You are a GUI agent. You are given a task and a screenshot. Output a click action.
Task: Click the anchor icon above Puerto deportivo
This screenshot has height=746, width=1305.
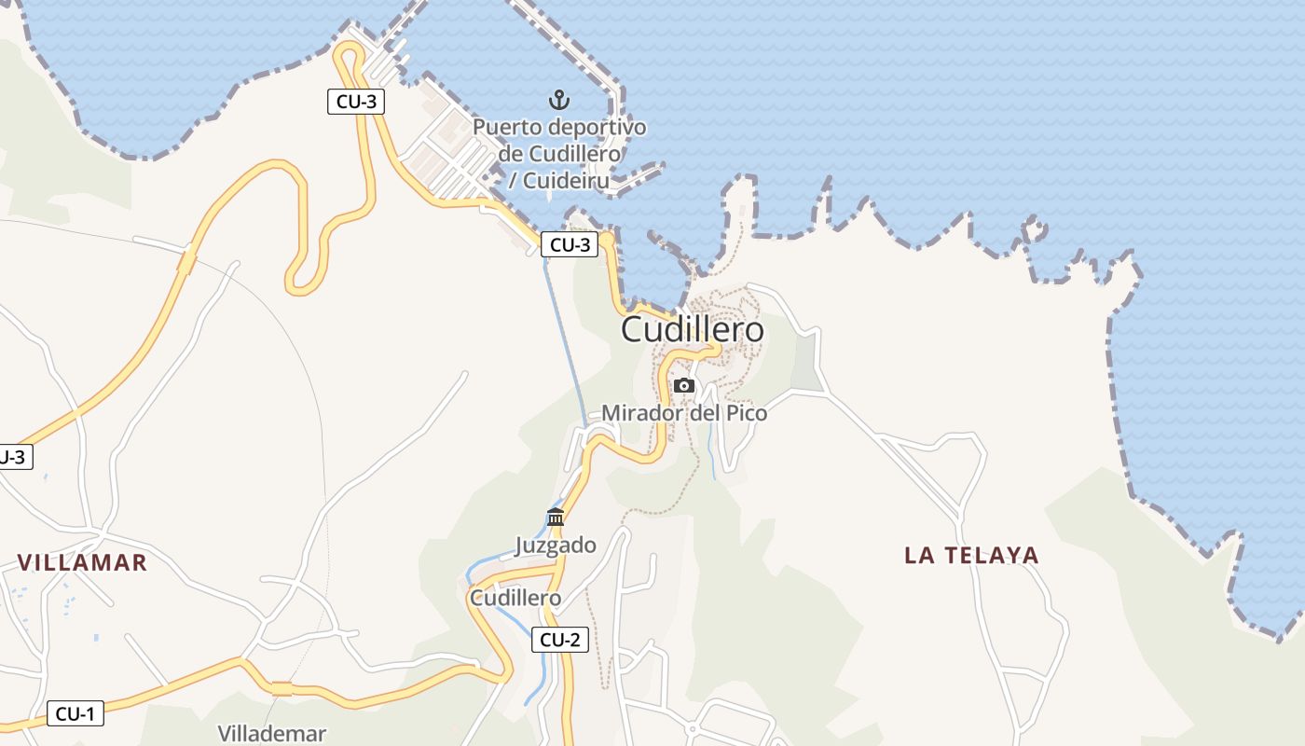558,99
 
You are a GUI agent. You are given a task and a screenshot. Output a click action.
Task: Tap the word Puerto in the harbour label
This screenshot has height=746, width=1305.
507,127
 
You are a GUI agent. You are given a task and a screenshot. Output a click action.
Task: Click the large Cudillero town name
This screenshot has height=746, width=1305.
692,329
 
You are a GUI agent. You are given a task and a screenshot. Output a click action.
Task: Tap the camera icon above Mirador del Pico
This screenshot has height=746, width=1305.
684,385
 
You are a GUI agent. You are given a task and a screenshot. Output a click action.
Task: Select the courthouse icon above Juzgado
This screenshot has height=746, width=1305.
556,517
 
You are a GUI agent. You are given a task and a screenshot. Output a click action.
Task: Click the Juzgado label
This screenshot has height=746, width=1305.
556,546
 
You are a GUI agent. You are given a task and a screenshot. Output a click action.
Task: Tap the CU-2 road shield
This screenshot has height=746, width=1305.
560,640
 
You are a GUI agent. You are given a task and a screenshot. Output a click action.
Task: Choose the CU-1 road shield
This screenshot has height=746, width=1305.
75,714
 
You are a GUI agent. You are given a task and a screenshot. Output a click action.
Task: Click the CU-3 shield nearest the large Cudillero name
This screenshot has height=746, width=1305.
569,245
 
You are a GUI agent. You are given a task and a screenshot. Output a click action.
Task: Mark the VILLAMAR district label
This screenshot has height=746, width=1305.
82,562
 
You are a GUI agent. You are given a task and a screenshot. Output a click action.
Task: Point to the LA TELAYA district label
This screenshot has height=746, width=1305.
971,556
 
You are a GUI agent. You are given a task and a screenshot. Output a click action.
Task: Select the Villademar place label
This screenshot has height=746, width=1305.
271,733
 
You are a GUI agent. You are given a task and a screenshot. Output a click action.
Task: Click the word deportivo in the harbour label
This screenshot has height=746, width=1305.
597,127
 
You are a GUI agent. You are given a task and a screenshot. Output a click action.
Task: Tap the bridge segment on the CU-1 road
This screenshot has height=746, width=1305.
282,689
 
